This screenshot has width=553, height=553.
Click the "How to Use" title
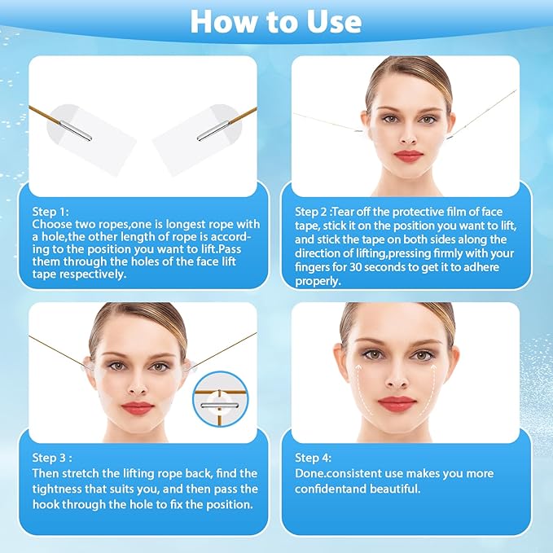click(x=276, y=22)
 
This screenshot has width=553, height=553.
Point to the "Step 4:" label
click(x=314, y=459)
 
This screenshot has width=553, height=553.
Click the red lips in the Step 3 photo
click(x=138, y=407)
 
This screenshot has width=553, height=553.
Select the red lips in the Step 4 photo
click(x=397, y=403)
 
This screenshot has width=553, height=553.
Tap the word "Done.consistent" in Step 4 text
click(x=334, y=474)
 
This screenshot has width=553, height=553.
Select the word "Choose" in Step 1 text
click(x=50, y=222)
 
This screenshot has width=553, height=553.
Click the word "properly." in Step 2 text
click(x=318, y=281)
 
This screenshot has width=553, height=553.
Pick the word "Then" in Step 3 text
click(x=46, y=473)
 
